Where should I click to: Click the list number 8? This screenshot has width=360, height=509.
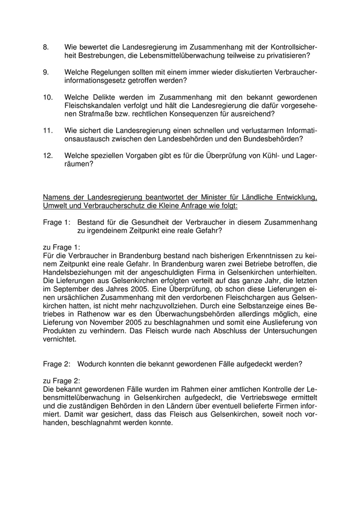tap(46, 47)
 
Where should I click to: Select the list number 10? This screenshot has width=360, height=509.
tap(48, 97)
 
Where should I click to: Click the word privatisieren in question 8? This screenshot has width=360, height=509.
tap(287, 55)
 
